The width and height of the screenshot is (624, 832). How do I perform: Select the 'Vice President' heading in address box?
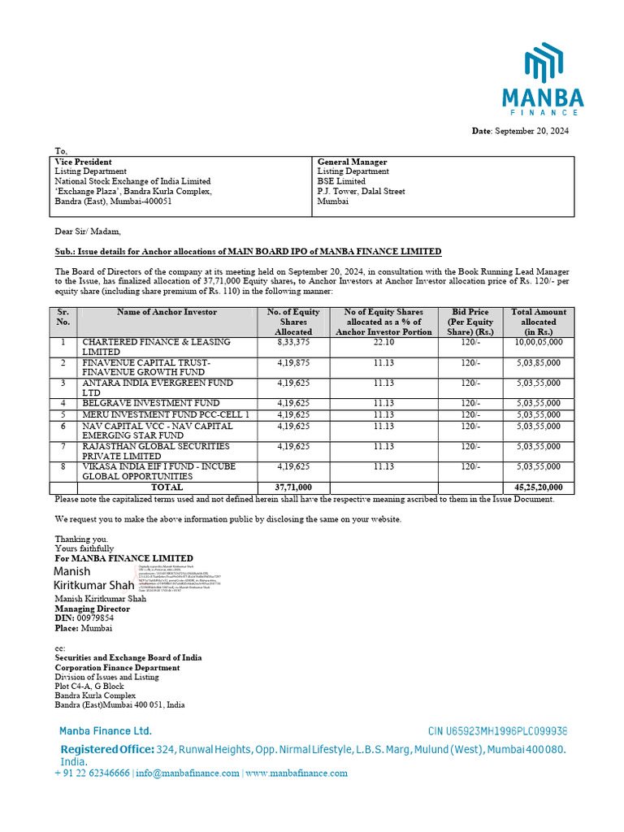point(83,162)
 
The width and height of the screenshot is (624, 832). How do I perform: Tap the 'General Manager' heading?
point(352,162)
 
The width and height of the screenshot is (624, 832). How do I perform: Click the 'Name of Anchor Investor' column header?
point(167,312)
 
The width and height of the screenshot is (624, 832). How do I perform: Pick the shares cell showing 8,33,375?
point(293,342)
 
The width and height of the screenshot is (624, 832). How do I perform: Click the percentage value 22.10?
point(383,342)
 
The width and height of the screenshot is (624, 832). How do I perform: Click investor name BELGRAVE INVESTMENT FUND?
point(151,403)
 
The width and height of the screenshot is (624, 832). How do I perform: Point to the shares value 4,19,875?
point(293,362)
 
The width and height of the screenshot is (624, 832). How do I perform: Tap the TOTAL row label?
point(167,487)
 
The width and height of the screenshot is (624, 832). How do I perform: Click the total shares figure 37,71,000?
point(293,487)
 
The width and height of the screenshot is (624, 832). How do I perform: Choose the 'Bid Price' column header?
point(470,312)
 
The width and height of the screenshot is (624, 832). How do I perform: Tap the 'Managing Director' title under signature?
point(93,608)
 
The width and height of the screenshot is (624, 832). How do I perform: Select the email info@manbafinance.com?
point(188,773)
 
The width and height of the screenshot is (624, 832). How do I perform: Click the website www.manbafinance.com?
point(296,773)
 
